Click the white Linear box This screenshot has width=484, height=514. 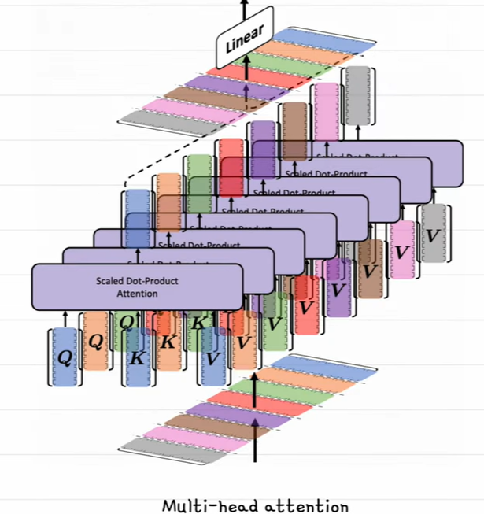245,35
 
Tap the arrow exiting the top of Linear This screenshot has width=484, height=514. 243,8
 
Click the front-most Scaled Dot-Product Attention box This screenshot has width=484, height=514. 137,287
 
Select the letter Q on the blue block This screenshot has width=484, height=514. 64,357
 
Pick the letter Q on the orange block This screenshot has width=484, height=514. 96,341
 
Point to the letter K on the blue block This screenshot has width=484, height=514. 135,357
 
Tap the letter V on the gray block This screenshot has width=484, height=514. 432,235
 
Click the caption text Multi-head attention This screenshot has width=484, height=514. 255,505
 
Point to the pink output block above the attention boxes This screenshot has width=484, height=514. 326,110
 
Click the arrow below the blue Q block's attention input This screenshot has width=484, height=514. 64,319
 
